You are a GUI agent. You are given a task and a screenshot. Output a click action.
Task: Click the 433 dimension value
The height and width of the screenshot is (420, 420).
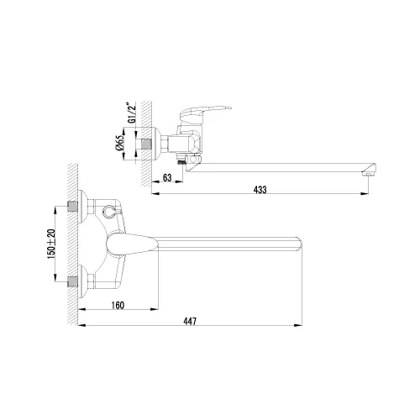260,190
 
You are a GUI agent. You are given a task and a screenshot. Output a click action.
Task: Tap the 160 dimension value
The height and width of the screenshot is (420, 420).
118,304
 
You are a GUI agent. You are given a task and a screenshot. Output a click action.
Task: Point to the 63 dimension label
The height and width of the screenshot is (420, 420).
166,178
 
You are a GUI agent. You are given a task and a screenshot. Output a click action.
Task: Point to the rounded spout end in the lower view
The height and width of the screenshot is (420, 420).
296,244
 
